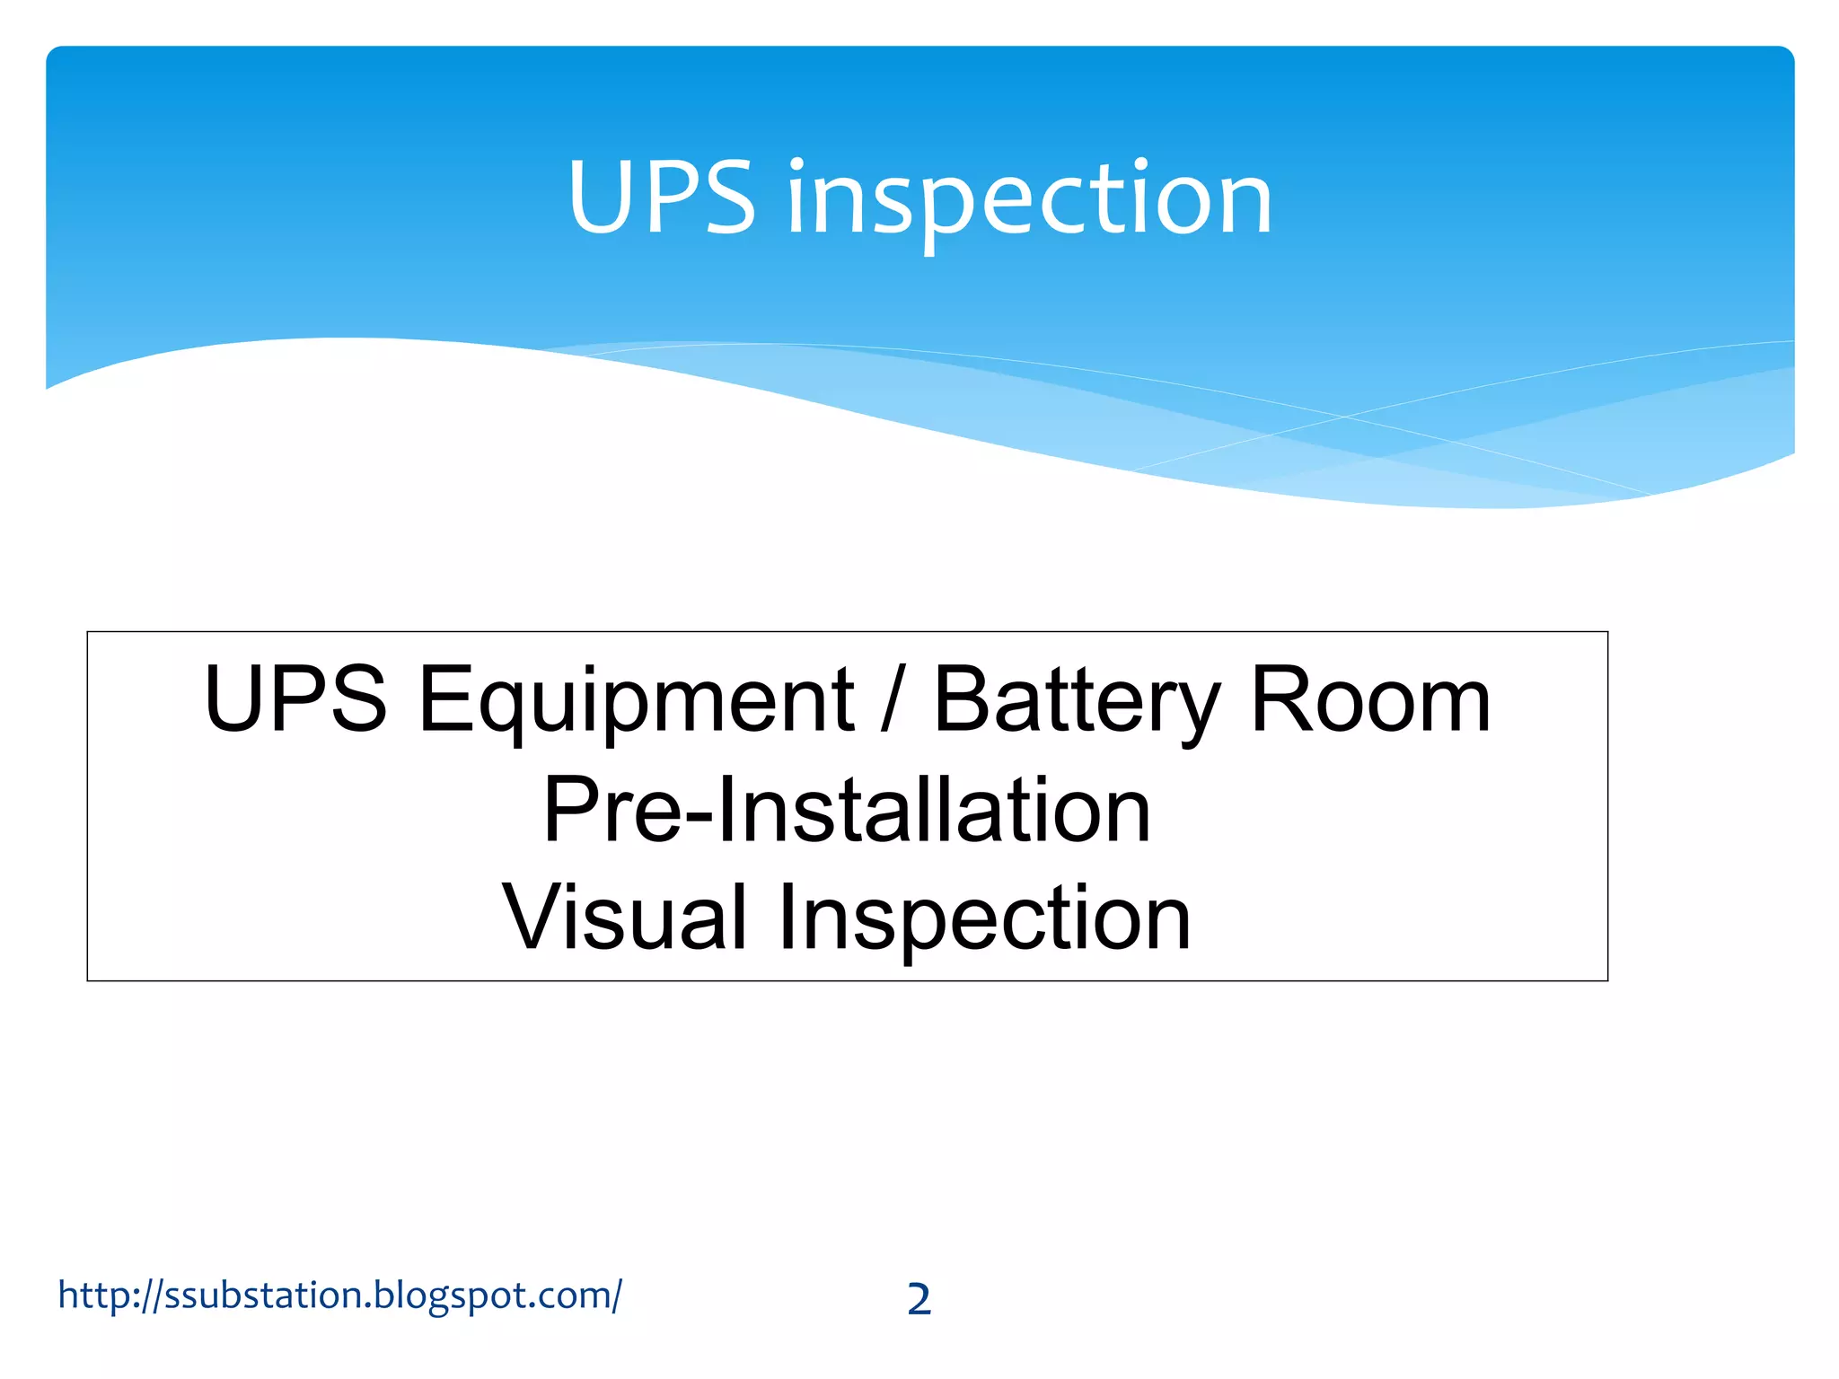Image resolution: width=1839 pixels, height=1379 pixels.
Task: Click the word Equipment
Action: click(x=636, y=702)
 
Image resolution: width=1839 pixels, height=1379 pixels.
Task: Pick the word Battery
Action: click(x=1077, y=702)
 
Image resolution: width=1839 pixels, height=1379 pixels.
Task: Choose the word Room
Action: click(x=1370, y=700)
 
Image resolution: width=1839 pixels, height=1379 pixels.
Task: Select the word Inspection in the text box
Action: click(x=984, y=918)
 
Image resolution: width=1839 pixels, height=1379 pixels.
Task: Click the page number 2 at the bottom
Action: click(x=919, y=1299)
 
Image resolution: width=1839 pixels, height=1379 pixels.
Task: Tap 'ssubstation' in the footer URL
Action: click(x=264, y=1295)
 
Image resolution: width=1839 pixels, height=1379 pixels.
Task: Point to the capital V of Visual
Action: click(x=533, y=917)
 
